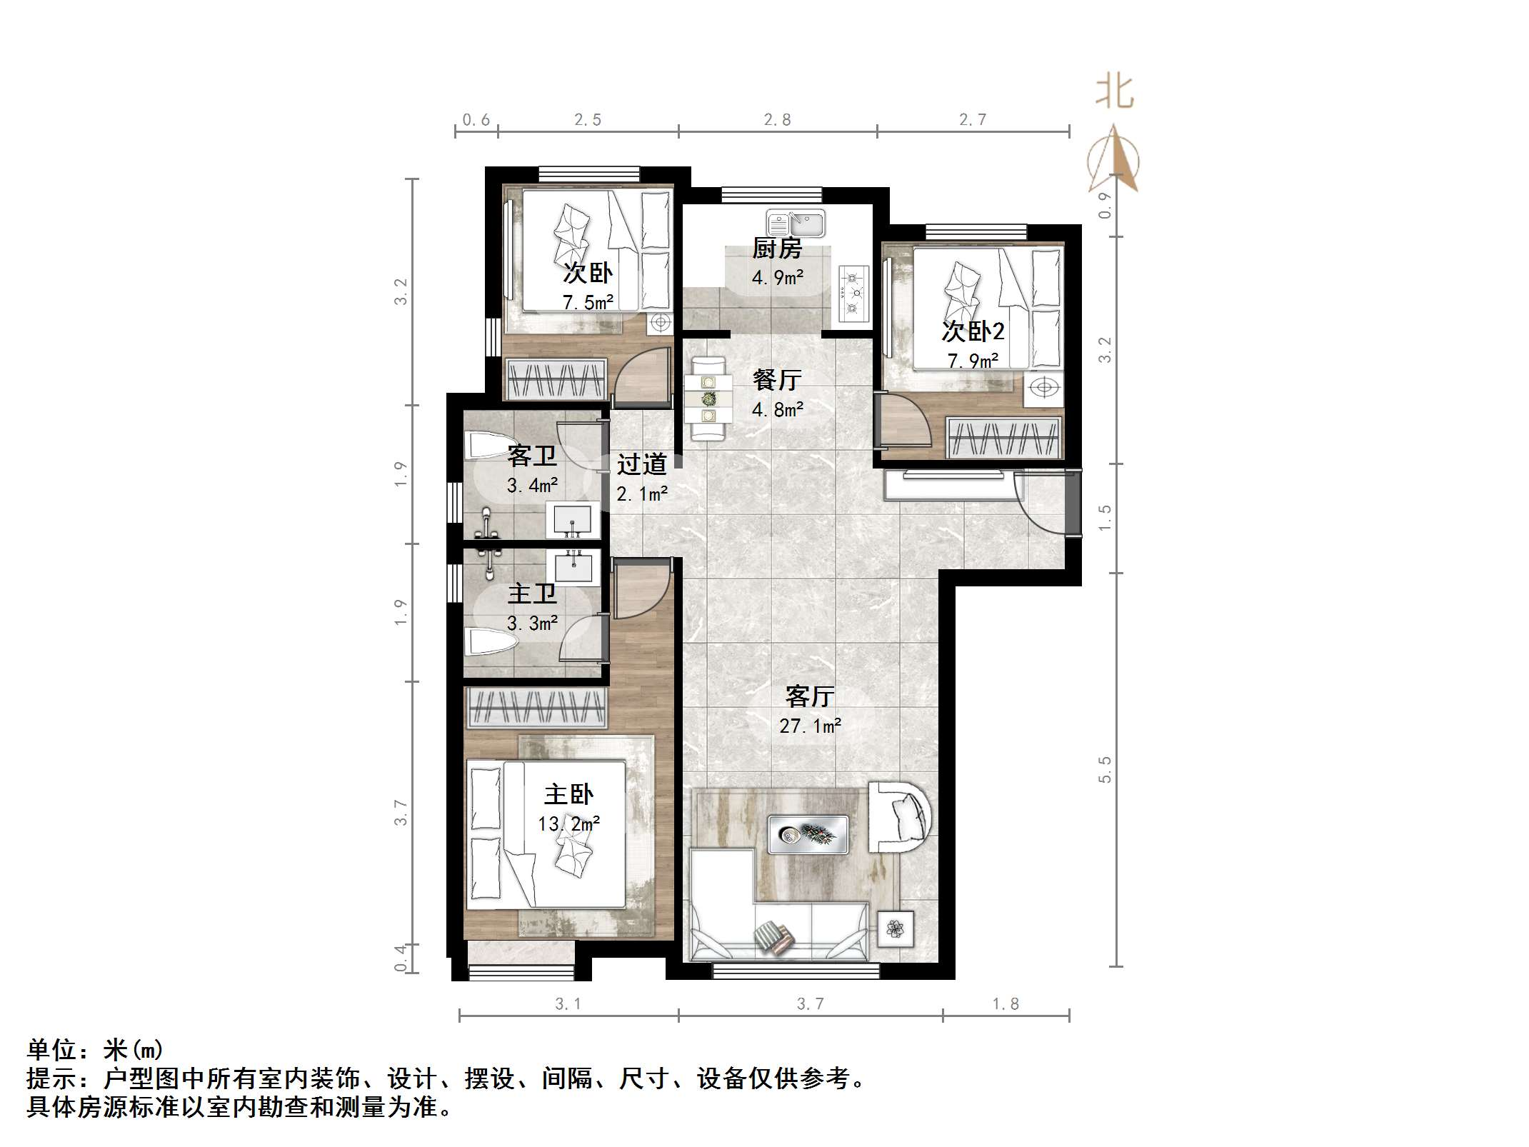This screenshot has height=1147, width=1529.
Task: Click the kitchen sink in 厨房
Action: (x=796, y=224)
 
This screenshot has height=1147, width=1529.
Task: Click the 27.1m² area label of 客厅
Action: (x=810, y=726)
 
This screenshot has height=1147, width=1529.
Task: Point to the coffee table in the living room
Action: (x=808, y=834)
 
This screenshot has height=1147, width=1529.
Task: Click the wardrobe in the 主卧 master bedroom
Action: (x=536, y=708)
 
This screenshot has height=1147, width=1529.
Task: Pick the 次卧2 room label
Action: (x=973, y=331)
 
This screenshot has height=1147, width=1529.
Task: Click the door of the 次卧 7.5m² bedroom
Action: (x=643, y=375)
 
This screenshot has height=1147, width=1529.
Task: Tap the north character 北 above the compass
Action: (x=1114, y=93)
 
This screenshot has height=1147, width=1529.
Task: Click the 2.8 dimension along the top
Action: (x=777, y=120)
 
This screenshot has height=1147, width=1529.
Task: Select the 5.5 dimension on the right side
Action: (x=1105, y=769)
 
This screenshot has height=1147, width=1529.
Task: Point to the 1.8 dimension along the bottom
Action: (x=1005, y=1004)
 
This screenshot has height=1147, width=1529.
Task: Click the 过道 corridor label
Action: (x=641, y=464)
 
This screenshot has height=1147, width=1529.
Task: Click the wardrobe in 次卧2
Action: (x=1003, y=437)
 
